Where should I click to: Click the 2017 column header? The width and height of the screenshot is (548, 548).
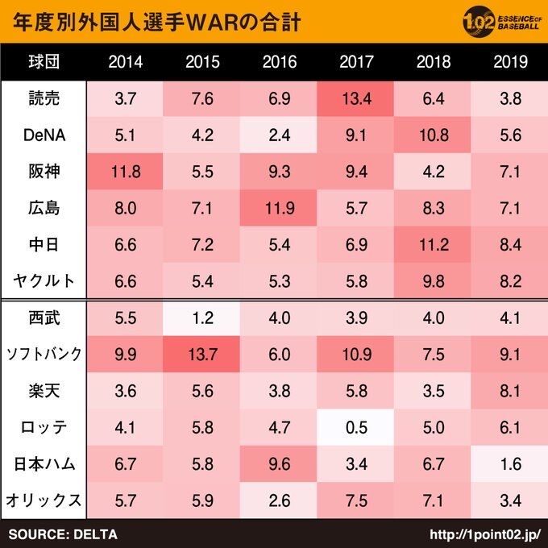pyautogui.click(x=355, y=62)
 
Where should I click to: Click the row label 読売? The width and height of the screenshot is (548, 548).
pyautogui.click(x=42, y=99)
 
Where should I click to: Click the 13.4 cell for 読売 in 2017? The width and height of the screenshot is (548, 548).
pyautogui.click(x=355, y=99)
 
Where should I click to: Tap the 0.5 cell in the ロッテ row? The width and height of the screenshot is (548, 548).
pyautogui.click(x=355, y=427)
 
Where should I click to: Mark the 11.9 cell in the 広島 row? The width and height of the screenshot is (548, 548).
pyautogui.click(x=279, y=208)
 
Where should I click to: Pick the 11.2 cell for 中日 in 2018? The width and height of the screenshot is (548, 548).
pyautogui.click(x=433, y=244)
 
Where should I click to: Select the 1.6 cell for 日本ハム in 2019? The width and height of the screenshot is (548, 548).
pyautogui.click(x=509, y=464)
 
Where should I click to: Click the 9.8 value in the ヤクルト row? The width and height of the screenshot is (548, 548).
pyautogui.click(x=433, y=280)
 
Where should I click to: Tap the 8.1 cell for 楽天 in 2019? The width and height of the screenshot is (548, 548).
pyautogui.click(x=509, y=391)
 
